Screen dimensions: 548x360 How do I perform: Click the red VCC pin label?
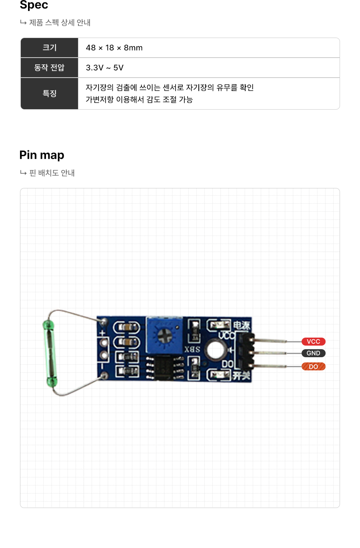click(313, 342)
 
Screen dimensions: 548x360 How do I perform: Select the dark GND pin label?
click(313, 353)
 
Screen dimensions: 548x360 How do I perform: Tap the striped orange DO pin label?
click(313, 366)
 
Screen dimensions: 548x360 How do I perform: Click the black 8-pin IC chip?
click(164, 368)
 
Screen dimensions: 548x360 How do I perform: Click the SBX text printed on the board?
click(192, 349)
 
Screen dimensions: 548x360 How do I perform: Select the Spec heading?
click(34, 5)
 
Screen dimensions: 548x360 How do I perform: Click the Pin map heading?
click(42, 155)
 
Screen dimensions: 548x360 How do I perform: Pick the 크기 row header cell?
click(50, 48)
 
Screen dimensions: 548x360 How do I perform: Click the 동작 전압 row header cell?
click(50, 68)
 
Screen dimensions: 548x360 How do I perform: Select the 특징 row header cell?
click(50, 93)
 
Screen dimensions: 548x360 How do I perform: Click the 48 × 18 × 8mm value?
click(114, 48)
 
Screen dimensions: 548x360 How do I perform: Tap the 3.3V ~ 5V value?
click(104, 68)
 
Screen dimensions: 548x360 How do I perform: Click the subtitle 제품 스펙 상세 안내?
click(60, 23)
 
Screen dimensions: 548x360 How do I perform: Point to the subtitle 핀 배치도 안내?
click(52, 173)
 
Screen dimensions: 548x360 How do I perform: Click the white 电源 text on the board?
click(241, 326)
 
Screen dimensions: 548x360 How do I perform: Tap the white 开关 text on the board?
click(241, 376)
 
